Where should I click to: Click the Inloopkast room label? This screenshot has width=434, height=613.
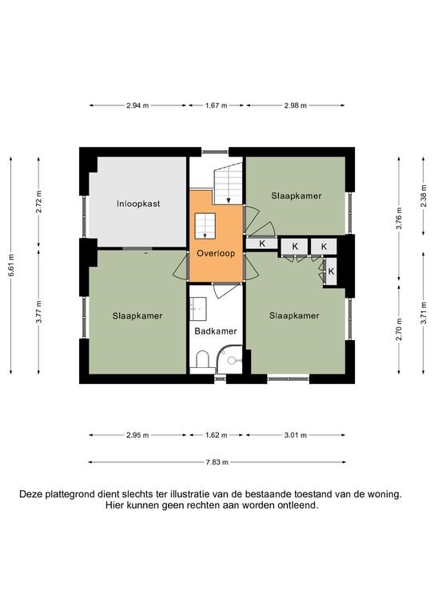pos(138,204)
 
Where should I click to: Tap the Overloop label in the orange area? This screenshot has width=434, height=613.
pos(216,253)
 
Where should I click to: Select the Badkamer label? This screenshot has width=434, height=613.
pos(216,331)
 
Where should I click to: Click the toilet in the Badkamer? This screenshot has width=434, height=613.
pos(202,359)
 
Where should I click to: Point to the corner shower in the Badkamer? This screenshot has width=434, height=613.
pos(230,358)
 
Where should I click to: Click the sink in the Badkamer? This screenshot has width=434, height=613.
pos(198,307)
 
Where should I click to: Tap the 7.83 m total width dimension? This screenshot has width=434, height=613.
pos(217,462)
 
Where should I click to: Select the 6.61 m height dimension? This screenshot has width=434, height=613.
pos(11,266)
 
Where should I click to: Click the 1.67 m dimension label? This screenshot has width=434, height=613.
pos(216,105)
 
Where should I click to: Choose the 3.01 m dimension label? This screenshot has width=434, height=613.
pos(296,435)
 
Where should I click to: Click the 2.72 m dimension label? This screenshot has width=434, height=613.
pos(38,202)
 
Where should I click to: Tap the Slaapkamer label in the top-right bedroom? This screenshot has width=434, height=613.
pos(297,196)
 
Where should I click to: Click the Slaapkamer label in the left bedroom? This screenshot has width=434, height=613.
pos(137,316)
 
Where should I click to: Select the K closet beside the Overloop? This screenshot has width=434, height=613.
pos(262,243)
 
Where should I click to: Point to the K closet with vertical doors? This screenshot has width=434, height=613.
pos(331,271)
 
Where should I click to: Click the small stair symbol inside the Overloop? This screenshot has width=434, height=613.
pos(205,226)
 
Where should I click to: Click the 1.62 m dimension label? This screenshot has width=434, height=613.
pos(216,435)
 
